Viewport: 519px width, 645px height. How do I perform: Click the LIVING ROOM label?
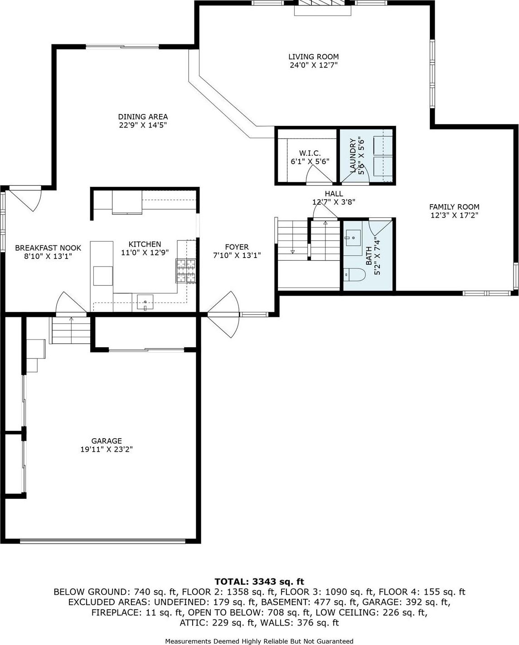pyautogui.click(x=313, y=57)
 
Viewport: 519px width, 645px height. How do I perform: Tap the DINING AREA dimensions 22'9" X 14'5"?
pyautogui.click(x=143, y=125)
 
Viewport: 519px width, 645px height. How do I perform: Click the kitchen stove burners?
pyautogui.click(x=186, y=270)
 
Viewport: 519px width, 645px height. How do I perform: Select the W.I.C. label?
pyautogui.click(x=310, y=153)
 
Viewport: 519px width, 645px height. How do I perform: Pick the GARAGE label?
pyautogui.click(x=107, y=441)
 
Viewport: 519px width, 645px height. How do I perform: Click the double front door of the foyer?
pyautogui.click(x=223, y=314)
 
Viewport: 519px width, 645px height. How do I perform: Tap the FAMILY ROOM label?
pyautogui.click(x=454, y=207)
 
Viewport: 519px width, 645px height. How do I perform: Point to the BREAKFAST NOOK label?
pyautogui.click(x=48, y=248)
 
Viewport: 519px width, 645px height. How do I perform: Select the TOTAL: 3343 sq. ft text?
pyautogui.click(x=259, y=582)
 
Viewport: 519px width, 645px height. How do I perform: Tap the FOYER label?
pyautogui.click(x=237, y=247)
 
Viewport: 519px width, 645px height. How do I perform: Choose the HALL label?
pyautogui.click(x=334, y=194)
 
